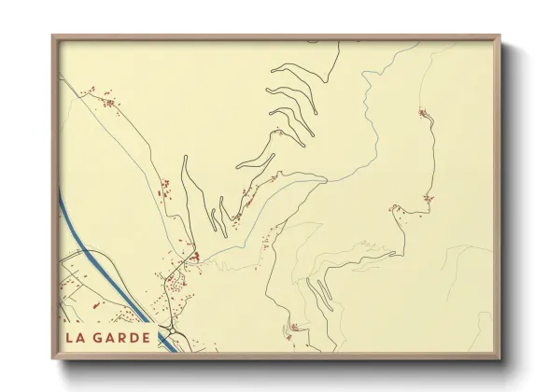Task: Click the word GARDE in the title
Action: pyautogui.click(x=121, y=337)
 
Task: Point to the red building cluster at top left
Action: pyautogui.click(x=107, y=100)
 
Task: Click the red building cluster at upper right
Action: pyautogui.click(x=423, y=114)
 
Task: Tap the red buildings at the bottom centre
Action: pyautogui.click(x=294, y=327)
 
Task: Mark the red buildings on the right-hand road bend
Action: pyautogui.click(x=428, y=198)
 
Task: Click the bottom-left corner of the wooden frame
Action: pyautogui.click(x=53, y=357)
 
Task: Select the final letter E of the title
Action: pyautogui.click(x=146, y=337)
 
